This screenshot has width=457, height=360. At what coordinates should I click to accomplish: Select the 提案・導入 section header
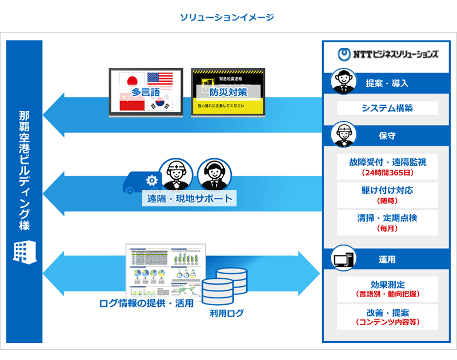(387, 83)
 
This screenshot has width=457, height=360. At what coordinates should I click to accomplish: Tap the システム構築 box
(387, 108)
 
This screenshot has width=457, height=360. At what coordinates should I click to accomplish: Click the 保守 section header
(387, 136)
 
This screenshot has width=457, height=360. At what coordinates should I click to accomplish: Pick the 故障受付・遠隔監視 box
(387, 166)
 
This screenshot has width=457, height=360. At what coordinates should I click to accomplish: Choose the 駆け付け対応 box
(387, 195)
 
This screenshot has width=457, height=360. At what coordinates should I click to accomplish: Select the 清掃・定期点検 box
(387, 223)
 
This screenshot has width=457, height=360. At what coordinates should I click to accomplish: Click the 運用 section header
(387, 259)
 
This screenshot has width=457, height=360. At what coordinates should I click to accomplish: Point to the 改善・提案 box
(387, 317)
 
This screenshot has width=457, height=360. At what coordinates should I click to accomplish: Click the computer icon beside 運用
(344, 260)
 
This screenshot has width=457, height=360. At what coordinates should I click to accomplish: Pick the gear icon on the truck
(152, 181)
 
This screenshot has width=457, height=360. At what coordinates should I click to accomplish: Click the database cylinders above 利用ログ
(224, 286)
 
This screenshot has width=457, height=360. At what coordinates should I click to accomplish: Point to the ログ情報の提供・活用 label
(146, 303)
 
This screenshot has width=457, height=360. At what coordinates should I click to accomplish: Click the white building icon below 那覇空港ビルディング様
(24, 251)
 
